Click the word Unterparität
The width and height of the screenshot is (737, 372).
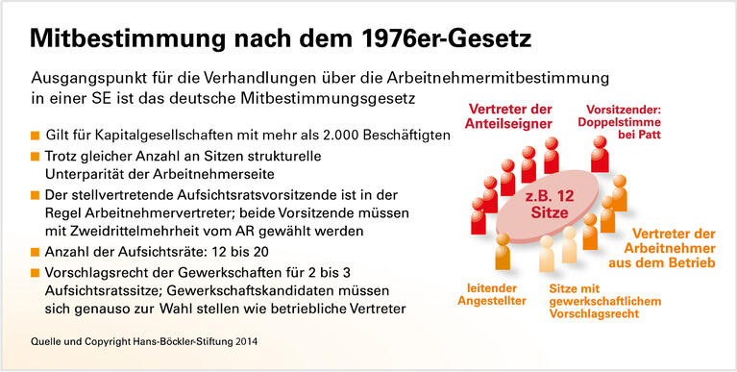(90, 174)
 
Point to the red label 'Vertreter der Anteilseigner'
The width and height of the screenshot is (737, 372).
(510, 115)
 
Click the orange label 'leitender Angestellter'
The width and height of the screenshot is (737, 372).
(501, 293)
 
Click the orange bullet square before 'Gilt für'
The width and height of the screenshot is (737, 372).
(36, 136)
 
